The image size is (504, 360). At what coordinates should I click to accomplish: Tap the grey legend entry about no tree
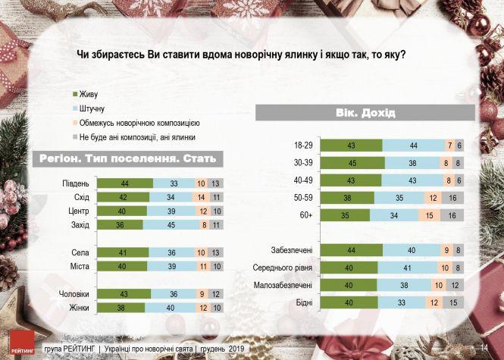coord(137,137)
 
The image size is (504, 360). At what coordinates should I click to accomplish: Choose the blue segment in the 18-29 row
coord(414,145)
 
